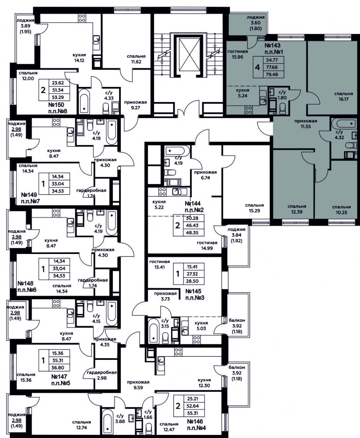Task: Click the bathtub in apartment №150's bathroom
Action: tap(85, 101)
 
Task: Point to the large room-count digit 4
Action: tap(258, 67)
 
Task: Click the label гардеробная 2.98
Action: tap(101, 375)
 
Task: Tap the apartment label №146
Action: tap(195, 422)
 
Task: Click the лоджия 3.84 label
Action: tap(236, 232)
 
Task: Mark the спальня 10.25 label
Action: tap(341, 210)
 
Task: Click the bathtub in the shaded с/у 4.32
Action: tap(343, 123)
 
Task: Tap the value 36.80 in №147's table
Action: tap(58, 368)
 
